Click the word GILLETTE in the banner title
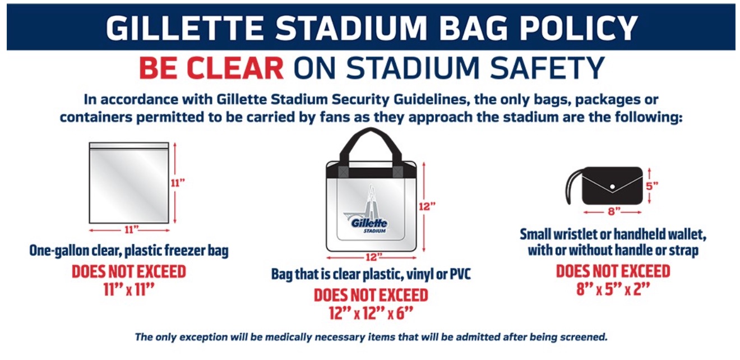[184, 28]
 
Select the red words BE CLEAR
[211, 68]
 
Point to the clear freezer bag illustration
[129, 183]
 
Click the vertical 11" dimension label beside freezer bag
[178, 183]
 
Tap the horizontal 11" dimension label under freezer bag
[131, 229]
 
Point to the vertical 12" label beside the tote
[427, 206]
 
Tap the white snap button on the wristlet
[612, 187]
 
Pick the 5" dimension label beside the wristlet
[652, 186]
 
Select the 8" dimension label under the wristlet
[614, 211]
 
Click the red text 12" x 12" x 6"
[371, 313]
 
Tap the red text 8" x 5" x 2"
[613, 289]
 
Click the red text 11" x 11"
[129, 289]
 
